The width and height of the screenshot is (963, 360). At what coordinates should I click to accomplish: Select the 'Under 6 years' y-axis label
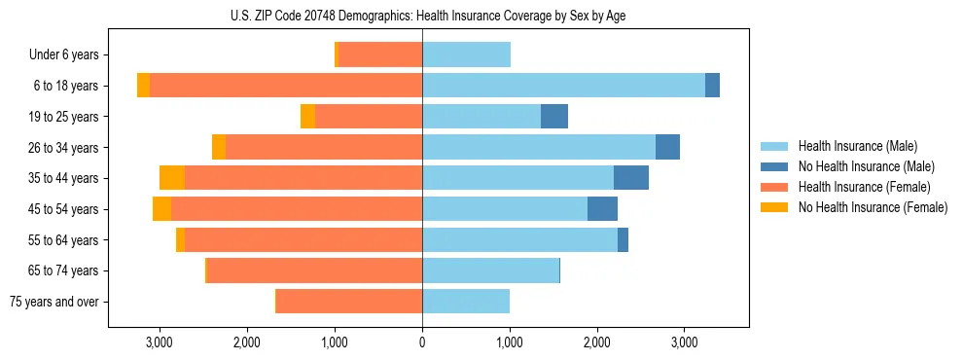63,55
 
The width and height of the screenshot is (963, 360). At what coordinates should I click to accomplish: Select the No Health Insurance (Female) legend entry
873,207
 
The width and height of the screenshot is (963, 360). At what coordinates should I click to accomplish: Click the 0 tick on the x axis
422,342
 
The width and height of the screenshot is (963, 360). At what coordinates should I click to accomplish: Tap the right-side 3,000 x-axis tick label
684,342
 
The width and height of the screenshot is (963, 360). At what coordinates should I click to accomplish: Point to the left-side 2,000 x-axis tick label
246,342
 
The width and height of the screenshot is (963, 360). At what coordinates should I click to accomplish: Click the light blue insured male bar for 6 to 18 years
563,86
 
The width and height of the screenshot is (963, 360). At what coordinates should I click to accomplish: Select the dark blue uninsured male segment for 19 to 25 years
554,117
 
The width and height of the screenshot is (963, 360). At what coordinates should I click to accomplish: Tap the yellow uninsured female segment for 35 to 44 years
172,178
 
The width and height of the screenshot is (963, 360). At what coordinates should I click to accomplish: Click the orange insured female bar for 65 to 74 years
314,270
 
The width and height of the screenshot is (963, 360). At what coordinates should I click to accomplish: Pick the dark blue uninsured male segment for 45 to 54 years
602,209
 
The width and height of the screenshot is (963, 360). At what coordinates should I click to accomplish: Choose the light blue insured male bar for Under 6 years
466,55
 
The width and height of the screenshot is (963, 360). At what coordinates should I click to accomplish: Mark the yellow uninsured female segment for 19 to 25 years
307,117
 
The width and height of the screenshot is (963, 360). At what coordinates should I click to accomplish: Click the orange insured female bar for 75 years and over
349,302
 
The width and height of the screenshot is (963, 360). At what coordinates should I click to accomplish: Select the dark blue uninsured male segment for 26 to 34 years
667,148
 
